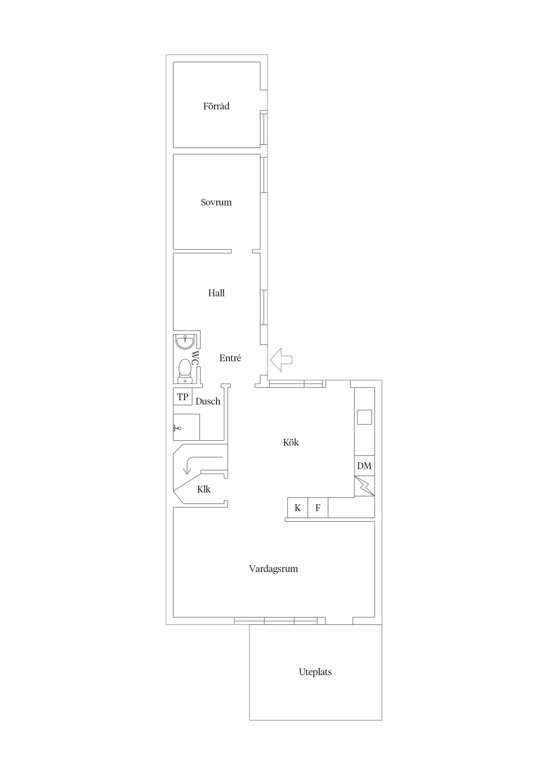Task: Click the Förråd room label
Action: (216, 106)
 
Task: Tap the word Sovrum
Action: (216, 203)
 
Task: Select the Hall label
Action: (216, 293)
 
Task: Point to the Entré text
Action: (230, 358)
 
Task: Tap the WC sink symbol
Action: (185, 342)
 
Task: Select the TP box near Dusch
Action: (183, 397)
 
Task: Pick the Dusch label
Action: (208, 401)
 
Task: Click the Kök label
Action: (291, 443)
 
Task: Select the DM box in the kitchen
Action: (364, 466)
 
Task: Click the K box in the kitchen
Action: (297, 508)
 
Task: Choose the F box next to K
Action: (318, 508)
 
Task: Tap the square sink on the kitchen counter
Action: (364, 417)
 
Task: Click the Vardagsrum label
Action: (273, 569)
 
